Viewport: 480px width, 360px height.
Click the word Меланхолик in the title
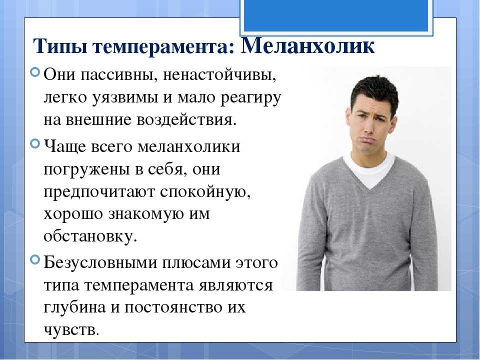tap(307, 46)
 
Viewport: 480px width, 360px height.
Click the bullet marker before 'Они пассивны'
tap(35, 72)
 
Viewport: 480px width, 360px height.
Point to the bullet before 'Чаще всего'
tap(35, 143)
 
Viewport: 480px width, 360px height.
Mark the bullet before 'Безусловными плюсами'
tap(35, 259)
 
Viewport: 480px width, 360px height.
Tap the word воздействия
tap(186, 120)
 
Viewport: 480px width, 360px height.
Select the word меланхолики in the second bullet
tap(189, 146)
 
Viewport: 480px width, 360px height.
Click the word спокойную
tap(205, 192)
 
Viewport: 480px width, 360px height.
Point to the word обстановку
tap(90, 236)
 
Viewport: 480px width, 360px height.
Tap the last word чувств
tap(71, 329)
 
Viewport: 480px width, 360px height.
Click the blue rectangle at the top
tap(336, 15)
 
